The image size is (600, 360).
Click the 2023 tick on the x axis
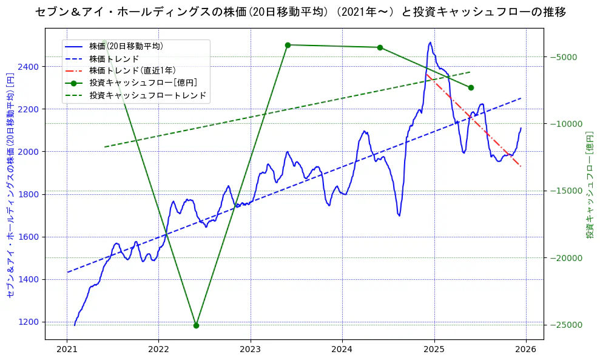tap(250, 350)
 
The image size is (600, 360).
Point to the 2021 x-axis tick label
tap(66, 350)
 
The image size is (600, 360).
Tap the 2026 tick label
tap(526, 350)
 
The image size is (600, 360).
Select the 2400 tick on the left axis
tap(30, 66)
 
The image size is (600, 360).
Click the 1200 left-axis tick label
tap(30, 322)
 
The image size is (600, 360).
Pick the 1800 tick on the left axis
tap(30, 194)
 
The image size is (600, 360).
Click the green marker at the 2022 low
tap(196, 325)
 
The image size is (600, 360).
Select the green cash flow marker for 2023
tap(288, 45)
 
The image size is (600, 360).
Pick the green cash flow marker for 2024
tap(380, 47)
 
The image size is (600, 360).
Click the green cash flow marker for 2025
tap(471, 87)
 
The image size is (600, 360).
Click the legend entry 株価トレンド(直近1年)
tap(132, 70)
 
